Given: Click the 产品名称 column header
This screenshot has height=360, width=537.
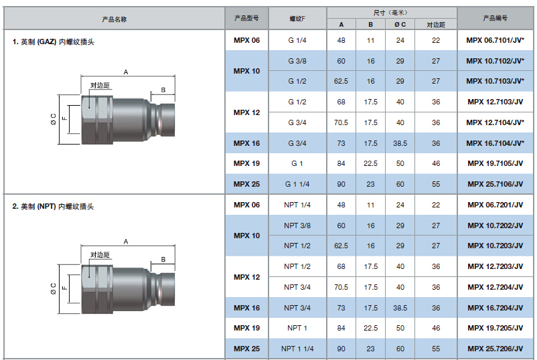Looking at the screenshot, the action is [x=114, y=19].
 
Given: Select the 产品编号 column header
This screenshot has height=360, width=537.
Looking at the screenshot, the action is [x=495, y=18].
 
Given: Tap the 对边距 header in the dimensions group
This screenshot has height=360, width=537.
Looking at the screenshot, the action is [x=436, y=25].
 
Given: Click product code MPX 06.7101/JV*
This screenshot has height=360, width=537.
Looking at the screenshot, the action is [x=495, y=40].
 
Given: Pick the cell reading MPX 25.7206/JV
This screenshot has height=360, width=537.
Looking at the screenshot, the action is [x=495, y=349].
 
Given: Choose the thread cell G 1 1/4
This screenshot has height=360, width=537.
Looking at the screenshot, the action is [x=297, y=184].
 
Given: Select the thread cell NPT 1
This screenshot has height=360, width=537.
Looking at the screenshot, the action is [x=297, y=328].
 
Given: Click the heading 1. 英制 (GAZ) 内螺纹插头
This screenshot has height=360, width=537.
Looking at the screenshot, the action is [x=53, y=41].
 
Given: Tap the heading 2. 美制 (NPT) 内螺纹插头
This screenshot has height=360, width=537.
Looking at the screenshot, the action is [x=53, y=206].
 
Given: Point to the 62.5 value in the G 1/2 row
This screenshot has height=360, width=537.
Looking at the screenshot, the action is [x=341, y=82].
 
